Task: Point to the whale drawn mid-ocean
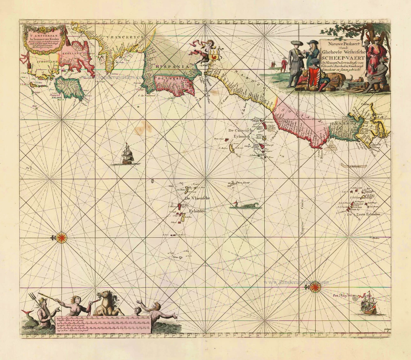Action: click(246, 205)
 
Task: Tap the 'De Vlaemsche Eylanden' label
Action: click(198, 205)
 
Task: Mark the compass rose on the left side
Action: click(62, 237)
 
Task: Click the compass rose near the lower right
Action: click(315, 287)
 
